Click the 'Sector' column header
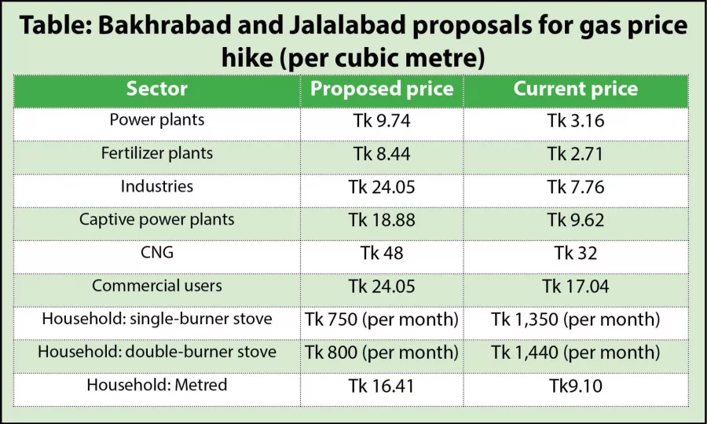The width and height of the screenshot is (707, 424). click(x=157, y=89)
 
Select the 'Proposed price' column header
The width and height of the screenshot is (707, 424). click(x=382, y=89)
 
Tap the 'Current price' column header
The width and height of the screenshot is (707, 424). click(x=576, y=89)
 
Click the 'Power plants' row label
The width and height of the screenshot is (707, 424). click(x=157, y=120)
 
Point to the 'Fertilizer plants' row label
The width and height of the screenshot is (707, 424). click(x=157, y=153)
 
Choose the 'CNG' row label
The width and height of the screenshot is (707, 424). click(x=157, y=253)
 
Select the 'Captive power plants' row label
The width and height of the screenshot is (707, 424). click(x=157, y=219)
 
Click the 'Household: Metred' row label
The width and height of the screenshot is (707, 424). click(x=157, y=385)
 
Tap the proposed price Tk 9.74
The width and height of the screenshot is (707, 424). click(x=381, y=121)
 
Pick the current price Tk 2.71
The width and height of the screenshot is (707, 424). click(x=576, y=154)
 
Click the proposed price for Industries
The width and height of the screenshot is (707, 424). click(x=381, y=187)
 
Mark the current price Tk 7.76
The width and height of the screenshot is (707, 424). click(x=576, y=187)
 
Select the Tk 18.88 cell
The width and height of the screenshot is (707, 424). click(x=381, y=221)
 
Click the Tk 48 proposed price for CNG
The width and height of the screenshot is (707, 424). click(x=381, y=254)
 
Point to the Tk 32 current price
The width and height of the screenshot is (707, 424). click(x=576, y=254)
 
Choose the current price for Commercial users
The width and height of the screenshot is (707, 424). click(x=576, y=287)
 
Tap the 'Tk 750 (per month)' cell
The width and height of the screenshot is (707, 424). click(x=381, y=320)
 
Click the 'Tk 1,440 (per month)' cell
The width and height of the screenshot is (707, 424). click(x=576, y=353)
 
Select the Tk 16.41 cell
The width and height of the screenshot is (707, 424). click(x=381, y=386)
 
